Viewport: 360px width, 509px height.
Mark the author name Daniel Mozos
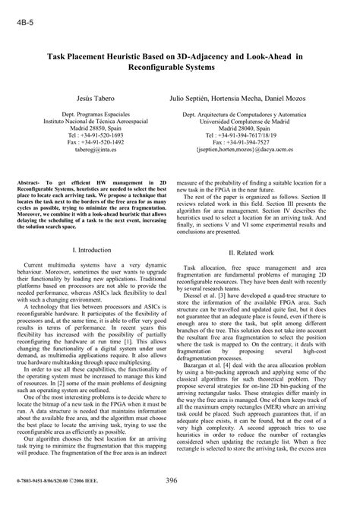(319, 99)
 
